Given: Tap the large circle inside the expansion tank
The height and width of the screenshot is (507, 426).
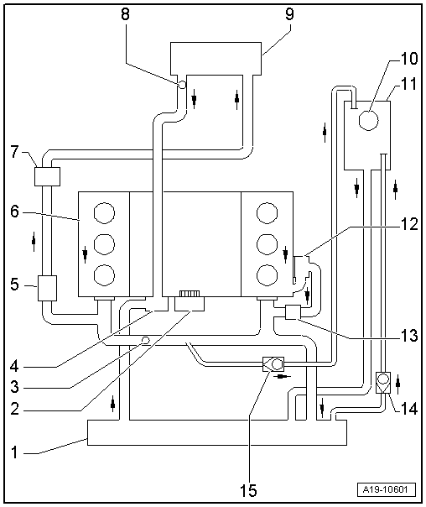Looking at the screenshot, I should (369, 120).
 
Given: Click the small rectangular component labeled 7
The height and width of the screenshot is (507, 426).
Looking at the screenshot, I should (46, 177).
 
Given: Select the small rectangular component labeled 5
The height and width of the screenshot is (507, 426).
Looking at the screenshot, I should (46, 288).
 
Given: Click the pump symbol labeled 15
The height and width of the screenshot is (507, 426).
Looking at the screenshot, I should (273, 365).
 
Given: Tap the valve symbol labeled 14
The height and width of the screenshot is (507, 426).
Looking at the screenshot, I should (382, 383).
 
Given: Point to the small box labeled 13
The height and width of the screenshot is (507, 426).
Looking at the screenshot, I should (293, 313).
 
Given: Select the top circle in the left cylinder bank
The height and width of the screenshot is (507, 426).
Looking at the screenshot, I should (104, 212).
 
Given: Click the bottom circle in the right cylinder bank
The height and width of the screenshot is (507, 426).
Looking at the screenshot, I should (267, 274).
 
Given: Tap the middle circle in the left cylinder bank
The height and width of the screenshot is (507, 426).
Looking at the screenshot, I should (104, 243).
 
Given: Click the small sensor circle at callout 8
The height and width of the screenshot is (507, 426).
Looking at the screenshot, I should (180, 85).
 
